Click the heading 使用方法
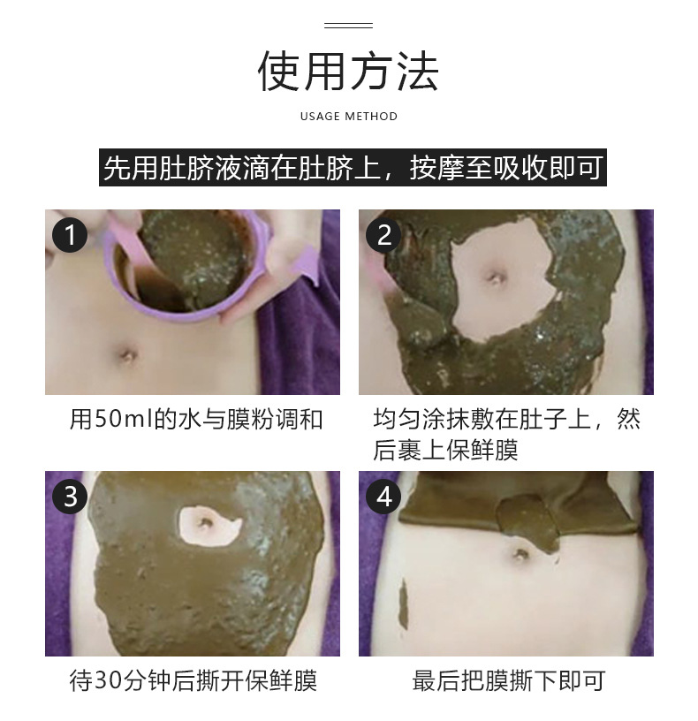[x=348, y=72]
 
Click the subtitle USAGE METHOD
[x=349, y=117]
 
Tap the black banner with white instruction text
[x=353, y=167]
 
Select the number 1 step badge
[x=70, y=235]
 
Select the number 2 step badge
[x=383, y=235]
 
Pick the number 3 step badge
[x=70, y=497]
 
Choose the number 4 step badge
[x=383, y=497]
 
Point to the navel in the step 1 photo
[x=127, y=355]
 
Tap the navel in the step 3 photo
[x=204, y=523]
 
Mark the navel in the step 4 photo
[x=520, y=554]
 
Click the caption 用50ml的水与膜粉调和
[x=196, y=420]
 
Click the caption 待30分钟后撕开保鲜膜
[x=193, y=681]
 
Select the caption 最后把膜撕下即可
[x=508, y=681]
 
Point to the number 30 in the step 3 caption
[x=109, y=681]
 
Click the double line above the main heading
[x=348, y=26]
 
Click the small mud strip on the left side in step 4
[x=404, y=604]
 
